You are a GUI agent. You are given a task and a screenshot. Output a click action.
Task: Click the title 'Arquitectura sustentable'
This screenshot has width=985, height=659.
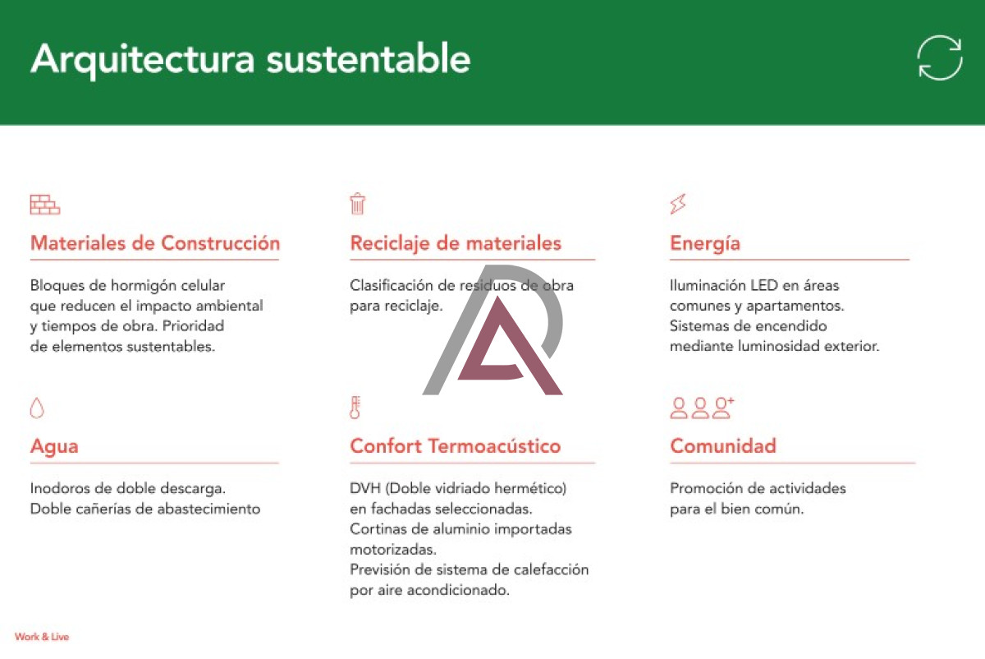[x=250, y=60]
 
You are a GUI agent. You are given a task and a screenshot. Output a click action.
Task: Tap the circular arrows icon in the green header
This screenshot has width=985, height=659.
[x=939, y=58]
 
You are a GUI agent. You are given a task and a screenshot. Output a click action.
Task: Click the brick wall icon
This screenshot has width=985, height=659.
[x=45, y=205]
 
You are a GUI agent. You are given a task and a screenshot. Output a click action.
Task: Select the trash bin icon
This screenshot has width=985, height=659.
[x=357, y=204]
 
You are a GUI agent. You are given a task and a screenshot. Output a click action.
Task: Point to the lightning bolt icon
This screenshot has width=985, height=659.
[x=677, y=204]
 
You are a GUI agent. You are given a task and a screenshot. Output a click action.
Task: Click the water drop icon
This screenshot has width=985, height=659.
[x=37, y=408]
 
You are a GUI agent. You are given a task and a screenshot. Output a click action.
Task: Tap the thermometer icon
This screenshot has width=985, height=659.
[x=355, y=408]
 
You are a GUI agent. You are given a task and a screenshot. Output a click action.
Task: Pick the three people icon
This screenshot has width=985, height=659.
[x=701, y=408]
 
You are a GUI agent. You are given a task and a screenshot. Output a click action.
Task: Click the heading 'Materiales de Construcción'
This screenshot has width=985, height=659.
[x=155, y=243]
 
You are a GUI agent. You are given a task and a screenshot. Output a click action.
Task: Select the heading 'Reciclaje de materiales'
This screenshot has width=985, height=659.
[x=456, y=243]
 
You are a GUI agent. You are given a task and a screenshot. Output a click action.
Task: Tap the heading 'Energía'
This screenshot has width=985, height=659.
[x=705, y=243]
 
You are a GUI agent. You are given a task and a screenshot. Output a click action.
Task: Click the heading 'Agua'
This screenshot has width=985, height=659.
[x=54, y=446]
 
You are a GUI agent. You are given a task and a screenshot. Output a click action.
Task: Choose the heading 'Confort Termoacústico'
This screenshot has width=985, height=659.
[x=456, y=446]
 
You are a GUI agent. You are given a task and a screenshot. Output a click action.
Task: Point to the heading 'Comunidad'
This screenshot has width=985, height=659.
[x=723, y=446]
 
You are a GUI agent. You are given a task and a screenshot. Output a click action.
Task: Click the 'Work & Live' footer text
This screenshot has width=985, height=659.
[x=42, y=637]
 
